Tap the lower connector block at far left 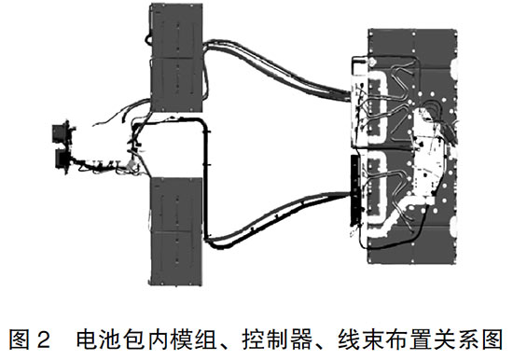click(66, 160)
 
